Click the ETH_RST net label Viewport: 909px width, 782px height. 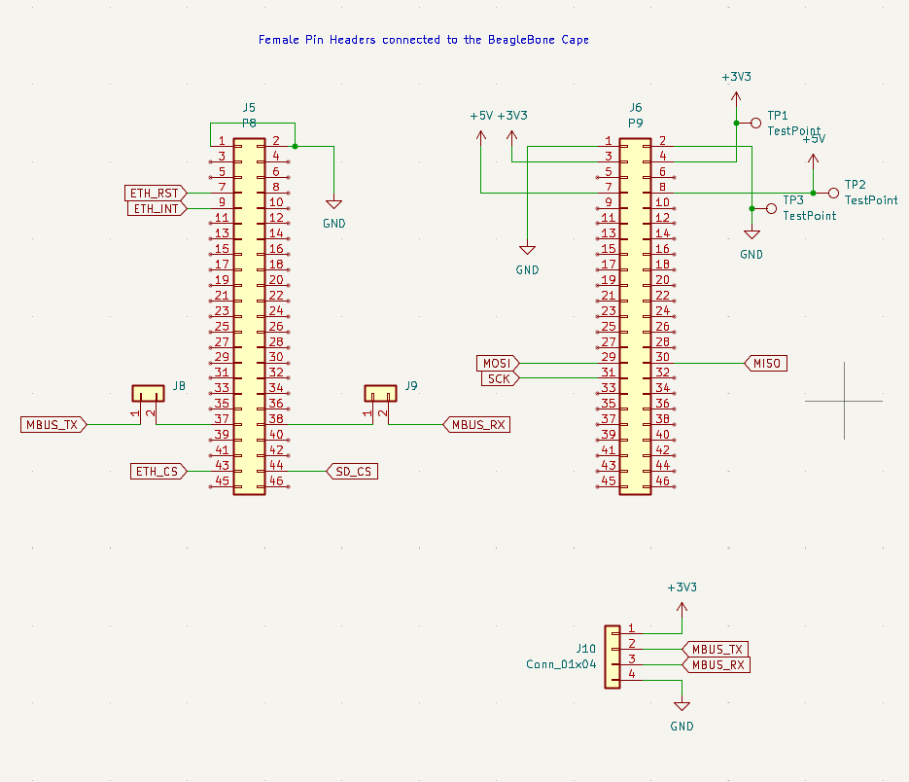point(153,192)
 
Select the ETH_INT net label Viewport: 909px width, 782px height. point(155,208)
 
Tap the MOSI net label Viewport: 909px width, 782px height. point(496,363)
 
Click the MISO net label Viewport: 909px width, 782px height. point(766,363)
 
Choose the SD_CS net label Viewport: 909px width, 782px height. point(351,472)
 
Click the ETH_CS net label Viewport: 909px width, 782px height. point(157,472)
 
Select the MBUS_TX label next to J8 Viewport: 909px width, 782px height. point(53,424)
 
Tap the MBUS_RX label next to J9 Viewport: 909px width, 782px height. point(476,424)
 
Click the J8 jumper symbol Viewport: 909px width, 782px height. point(149,394)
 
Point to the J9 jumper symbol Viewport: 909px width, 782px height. point(381,394)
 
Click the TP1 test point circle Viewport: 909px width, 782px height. point(755,123)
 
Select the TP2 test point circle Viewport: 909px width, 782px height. point(832,193)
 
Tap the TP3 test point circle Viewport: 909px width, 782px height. point(772,208)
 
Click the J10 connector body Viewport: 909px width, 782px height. point(612,657)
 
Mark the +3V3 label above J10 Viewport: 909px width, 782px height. point(682,587)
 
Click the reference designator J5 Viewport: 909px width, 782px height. point(248,107)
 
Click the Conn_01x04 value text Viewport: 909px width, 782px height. point(561,665)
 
